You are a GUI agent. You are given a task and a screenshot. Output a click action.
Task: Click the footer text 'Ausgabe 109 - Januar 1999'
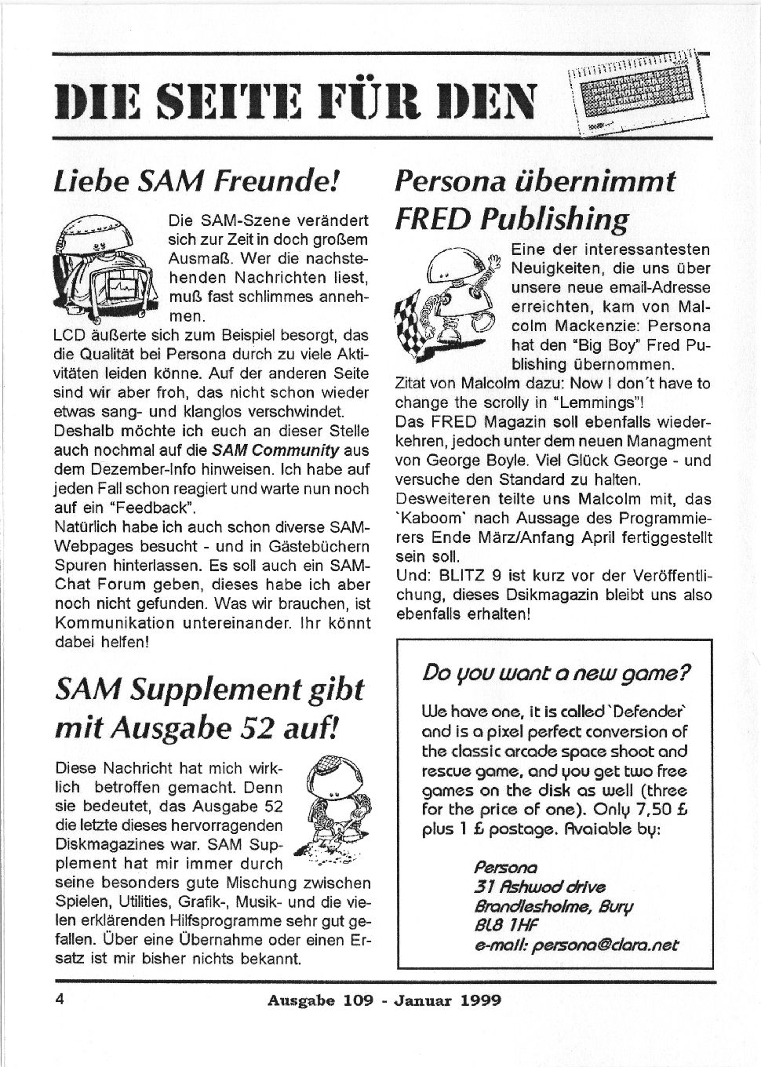[x=384, y=1000]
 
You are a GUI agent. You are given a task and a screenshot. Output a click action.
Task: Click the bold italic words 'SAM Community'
[x=276, y=450]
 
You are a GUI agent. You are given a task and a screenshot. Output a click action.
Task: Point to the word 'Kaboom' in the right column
[x=424, y=519]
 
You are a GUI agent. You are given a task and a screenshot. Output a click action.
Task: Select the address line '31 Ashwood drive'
[x=539, y=887]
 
